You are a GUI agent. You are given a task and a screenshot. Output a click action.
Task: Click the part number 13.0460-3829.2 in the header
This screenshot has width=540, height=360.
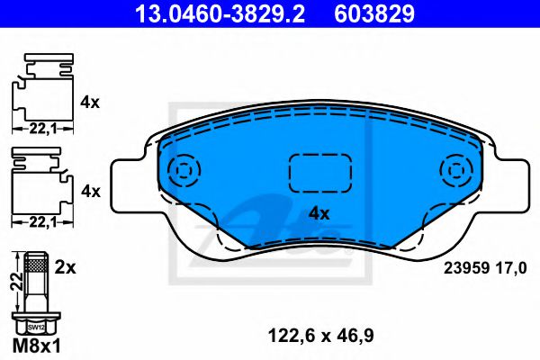click(x=220, y=13)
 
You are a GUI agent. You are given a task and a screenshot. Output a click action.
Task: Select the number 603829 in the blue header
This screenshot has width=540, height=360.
click(x=374, y=13)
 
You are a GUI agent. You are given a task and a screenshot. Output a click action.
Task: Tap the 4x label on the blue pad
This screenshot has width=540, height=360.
click(x=319, y=214)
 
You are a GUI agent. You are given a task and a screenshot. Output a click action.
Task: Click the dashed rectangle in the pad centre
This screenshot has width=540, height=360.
click(x=319, y=173)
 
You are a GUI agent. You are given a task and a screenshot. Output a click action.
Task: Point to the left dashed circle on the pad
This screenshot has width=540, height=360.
click(x=184, y=170)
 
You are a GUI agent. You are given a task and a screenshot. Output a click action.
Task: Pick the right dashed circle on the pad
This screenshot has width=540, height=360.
click(x=456, y=170)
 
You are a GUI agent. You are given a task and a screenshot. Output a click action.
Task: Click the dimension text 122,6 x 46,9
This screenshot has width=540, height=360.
click(x=320, y=335)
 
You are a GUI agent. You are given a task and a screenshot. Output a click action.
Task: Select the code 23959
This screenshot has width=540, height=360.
click(x=466, y=268)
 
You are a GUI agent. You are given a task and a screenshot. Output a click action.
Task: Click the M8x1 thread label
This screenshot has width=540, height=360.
click(x=37, y=346)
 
